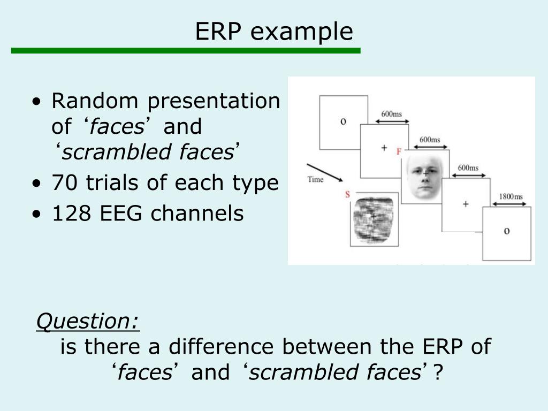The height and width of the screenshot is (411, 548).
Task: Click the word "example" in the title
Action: click(x=302, y=32)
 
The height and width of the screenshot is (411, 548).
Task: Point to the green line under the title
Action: click(x=186, y=50)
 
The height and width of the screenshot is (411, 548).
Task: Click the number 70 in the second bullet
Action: click(x=63, y=183)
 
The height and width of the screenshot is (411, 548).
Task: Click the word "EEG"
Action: click(x=121, y=214)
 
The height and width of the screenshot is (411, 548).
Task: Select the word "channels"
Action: click(x=197, y=214)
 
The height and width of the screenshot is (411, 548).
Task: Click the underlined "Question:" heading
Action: click(x=88, y=321)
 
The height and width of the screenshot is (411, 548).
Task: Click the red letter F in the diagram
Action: click(x=399, y=151)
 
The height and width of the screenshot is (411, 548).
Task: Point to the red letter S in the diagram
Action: click(x=347, y=194)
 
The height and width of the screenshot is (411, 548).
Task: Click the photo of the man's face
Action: click(x=425, y=178)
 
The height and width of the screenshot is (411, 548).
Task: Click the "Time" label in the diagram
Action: click(x=315, y=179)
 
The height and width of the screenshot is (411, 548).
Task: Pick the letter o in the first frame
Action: click(x=343, y=121)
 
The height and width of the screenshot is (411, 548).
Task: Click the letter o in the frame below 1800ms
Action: click(x=506, y=231)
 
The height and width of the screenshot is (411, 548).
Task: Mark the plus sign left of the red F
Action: click(x=384, y=148)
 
